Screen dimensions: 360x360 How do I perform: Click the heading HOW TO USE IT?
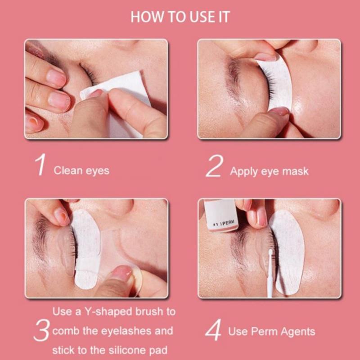[180, 17]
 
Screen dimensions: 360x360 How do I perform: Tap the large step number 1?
[40, 165]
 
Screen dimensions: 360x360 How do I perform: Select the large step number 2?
[215, 166]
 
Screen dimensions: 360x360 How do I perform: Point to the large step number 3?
[41, 330]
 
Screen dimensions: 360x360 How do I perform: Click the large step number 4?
[213, 330]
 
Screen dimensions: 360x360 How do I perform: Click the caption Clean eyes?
[81, 171]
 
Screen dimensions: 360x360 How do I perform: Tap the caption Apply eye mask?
[269, 172]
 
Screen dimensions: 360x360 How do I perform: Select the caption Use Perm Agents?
[272, 332]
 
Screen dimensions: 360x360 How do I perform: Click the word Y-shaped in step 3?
[108, 312]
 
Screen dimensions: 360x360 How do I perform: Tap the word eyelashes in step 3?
[126, 331]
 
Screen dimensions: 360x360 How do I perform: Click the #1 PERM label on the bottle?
[224, 222]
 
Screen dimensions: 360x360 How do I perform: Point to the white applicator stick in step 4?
[270, 273]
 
